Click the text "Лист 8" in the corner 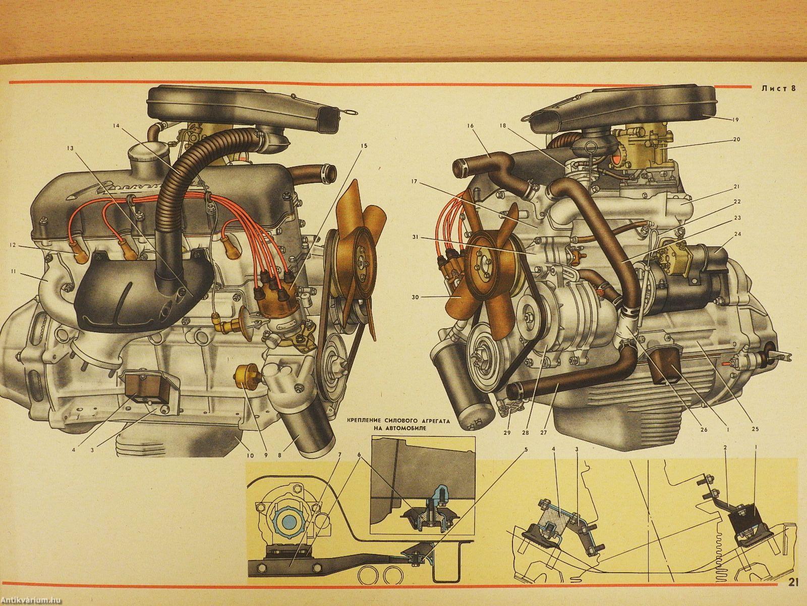click(779, 89)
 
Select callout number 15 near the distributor click(364, 145)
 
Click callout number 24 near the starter click(737, 234)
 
